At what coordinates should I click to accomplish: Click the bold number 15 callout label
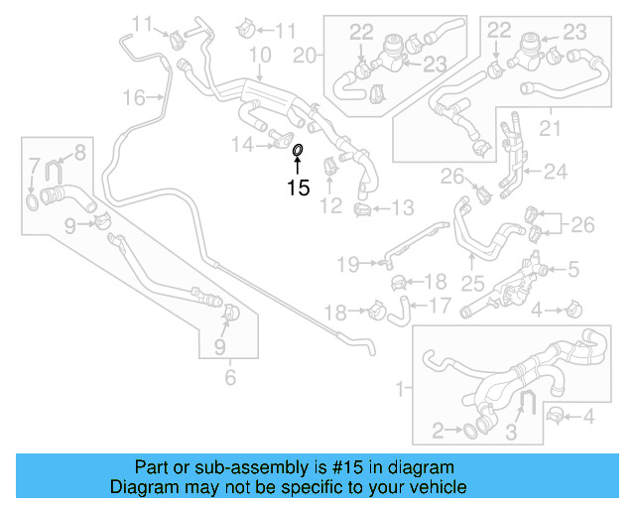pyautogui.click(x=298, y=188)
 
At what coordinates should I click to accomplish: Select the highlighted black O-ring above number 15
pyautogui.click(x=298, y=150)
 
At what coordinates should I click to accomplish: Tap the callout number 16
pyautogui.click(x=134, y=97)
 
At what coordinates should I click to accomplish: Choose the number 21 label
pyautogui.click(x=549, y=128)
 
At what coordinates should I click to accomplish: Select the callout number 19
pyautogui.click(x=345, y=263)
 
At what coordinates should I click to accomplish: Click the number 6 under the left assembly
pyautogui.click(x=230, y=377)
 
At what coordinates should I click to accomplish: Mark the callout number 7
pyautogui.click(x=35, y=164)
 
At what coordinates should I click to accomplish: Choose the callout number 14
pyautogui.click(x=243, y=145)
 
